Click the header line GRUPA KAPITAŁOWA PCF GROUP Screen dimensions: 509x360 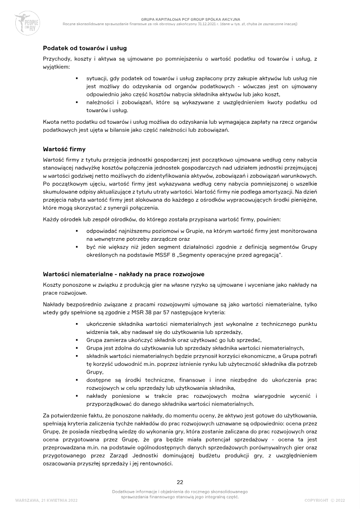[180, 19]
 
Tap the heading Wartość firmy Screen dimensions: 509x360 [64, 149]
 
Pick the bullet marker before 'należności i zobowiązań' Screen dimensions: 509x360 [77, 103]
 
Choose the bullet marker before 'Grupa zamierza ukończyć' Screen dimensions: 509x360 [77, 340]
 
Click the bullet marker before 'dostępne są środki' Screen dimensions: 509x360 [77, 380]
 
